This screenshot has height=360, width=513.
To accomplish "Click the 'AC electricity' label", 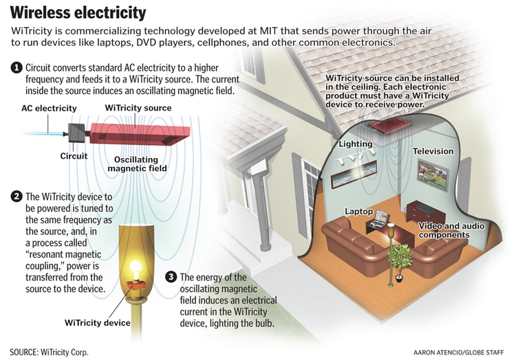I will [50, 109].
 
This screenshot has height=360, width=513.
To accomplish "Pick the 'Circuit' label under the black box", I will [74, 155].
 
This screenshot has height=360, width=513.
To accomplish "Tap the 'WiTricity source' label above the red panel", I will [138, 108].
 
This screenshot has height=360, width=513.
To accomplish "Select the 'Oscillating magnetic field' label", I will [140, 164].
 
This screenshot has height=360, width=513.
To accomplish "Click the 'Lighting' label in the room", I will [356, 144].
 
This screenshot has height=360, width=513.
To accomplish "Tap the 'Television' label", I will [433, 150].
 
